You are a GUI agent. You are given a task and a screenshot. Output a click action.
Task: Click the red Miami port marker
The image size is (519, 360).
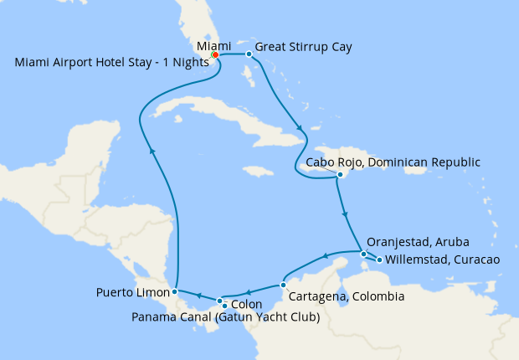coord(214,54)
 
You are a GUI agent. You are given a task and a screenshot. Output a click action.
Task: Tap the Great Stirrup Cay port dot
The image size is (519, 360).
coord(249,54)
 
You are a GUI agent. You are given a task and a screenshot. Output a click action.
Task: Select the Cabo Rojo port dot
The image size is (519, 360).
coord(340,175)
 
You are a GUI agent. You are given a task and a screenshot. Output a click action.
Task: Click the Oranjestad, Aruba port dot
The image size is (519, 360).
coord(363,253)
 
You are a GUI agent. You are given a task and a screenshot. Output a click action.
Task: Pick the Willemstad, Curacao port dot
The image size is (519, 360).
coord(380,260)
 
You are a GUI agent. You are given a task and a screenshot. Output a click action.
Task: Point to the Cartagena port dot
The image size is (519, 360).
coord(284,285)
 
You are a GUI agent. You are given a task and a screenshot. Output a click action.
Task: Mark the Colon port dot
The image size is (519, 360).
coord(219,300)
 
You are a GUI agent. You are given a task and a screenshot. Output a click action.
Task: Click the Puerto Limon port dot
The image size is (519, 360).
coord(174,292)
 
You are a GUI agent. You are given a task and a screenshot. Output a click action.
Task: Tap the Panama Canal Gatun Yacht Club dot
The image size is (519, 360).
coord(224,306)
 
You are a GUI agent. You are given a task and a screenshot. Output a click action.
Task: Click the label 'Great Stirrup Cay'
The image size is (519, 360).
coord(303,47)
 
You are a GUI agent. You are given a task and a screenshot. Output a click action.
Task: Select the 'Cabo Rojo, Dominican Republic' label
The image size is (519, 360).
coord(393,162)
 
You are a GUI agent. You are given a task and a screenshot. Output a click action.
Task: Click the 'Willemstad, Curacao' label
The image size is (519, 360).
coord(444,260)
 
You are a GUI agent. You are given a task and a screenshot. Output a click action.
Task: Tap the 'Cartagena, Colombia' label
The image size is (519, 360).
coord(346,296)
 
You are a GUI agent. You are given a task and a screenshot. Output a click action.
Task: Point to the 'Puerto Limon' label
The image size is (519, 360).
coord(132,293)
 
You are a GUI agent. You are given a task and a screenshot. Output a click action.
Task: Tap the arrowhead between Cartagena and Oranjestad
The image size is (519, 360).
coord(326,257)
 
